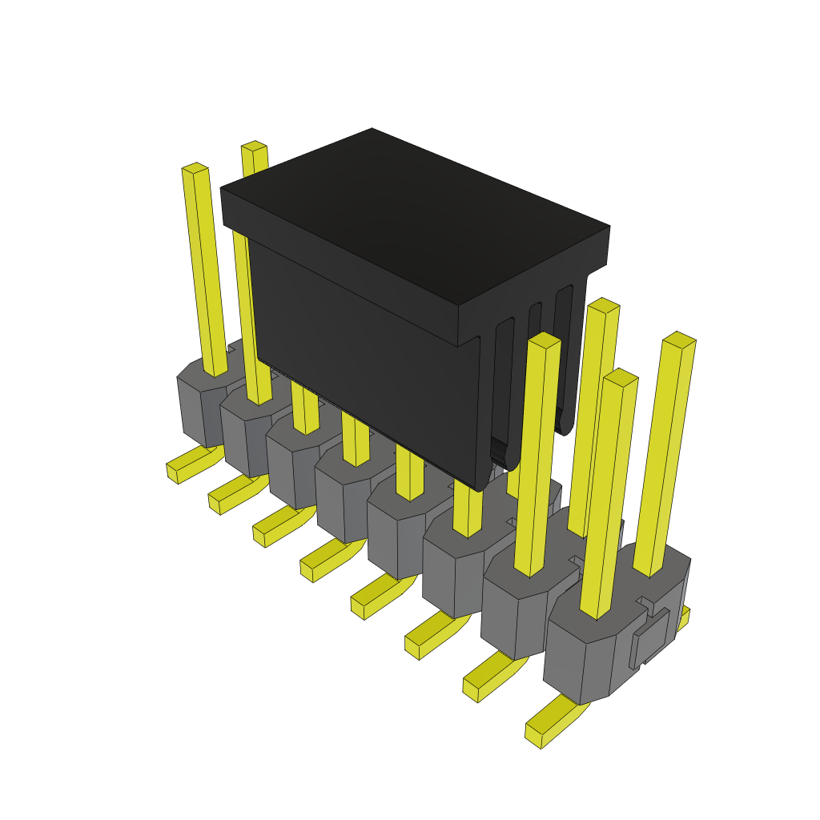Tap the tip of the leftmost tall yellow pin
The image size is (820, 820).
195,168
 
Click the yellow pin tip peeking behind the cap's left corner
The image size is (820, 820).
254,147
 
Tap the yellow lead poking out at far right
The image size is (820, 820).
683,617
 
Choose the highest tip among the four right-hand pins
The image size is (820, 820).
604,305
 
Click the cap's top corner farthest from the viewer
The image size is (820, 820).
373,130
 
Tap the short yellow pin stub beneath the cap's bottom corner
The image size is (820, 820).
468,517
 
